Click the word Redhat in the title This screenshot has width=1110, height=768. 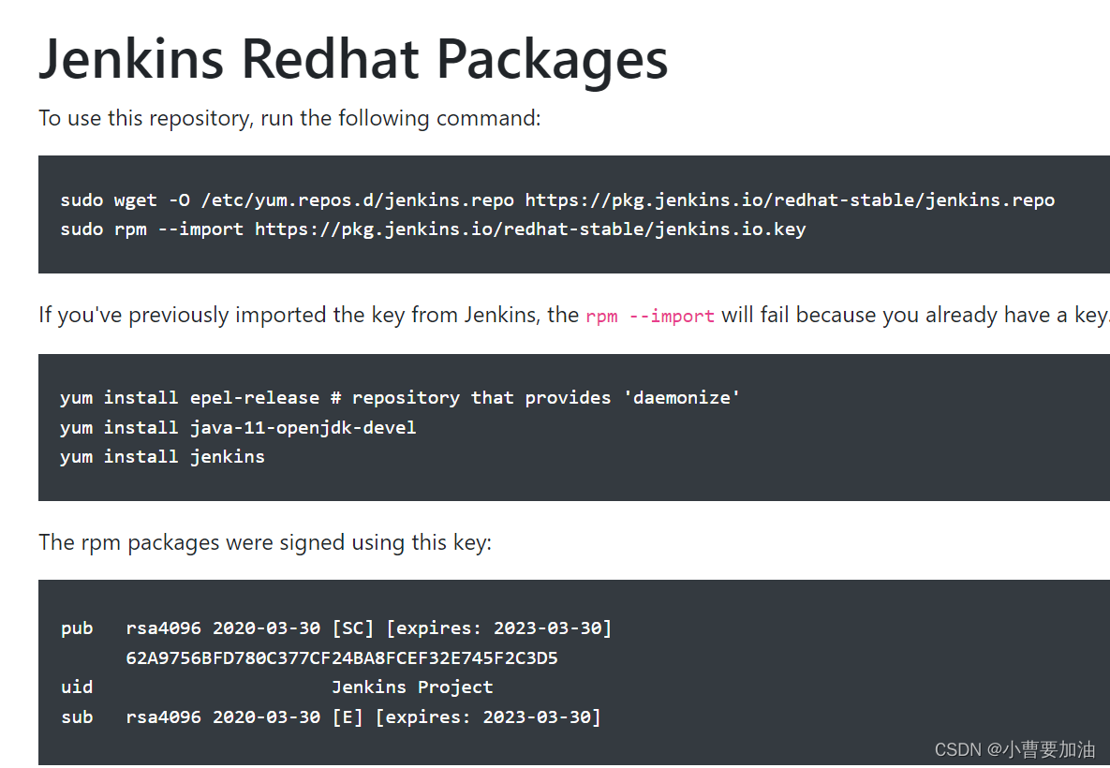[330, 58]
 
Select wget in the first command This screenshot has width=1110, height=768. [135, 201]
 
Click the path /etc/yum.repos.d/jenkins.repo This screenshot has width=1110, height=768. [358, 201]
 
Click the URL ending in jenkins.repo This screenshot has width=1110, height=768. [790, 201]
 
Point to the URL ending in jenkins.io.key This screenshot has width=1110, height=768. [530, 230]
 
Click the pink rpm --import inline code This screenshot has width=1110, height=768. [650, 316]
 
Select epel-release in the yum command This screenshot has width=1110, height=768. [255, 398]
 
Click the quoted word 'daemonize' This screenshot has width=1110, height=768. [682, 398]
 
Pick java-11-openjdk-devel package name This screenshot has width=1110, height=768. [303, 428]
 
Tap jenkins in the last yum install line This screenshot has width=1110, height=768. [228, 457]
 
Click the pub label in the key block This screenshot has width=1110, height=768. [77, 629]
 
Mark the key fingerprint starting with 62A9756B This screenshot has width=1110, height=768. [342, 658]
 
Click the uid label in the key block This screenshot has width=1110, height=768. [77, 687]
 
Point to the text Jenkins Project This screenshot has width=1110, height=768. [412, 688]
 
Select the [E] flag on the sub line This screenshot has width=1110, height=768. [348, 717]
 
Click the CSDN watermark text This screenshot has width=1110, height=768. [1014, 749]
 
